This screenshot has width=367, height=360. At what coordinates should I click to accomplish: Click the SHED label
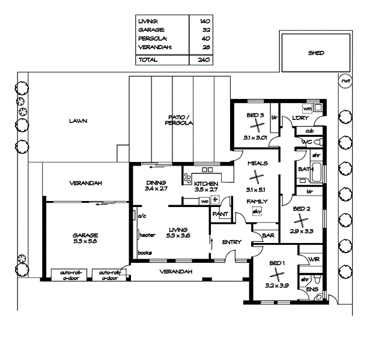(316, 53)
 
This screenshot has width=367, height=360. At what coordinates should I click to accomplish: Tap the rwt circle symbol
(345, 81)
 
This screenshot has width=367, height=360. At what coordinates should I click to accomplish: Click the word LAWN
(78, 121)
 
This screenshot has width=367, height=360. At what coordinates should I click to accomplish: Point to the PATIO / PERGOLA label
(178, 119)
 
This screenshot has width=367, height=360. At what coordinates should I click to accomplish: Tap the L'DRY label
(300, 118)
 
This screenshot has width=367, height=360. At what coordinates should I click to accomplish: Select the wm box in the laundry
(307, 109)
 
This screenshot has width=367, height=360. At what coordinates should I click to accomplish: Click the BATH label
(305, 170)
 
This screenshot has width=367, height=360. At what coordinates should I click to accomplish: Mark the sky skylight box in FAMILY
(257, 211)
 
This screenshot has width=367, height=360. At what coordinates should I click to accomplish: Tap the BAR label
(268, 236)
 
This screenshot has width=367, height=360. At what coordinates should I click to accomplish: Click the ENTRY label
(231, 242)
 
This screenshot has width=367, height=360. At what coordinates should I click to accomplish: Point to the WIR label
(312, 259)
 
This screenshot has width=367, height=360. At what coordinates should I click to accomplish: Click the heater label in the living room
(148, 235)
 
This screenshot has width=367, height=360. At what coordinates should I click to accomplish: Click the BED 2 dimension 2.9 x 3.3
(302, 230)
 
